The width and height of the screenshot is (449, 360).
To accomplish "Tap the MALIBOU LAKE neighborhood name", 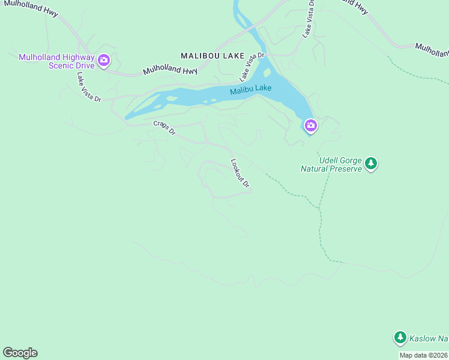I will tap(212, 55).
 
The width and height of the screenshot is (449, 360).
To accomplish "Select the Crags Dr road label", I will tap(164, 128).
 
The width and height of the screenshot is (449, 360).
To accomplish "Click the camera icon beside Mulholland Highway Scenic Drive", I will tap(104, 60).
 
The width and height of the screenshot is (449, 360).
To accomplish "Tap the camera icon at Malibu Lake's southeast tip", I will tap(310, 125).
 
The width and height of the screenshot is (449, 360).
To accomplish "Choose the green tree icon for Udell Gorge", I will tap(371, 163).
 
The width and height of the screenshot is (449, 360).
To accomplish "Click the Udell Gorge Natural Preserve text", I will tap(331, 165).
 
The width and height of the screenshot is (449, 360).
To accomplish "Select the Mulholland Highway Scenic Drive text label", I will tap(56, 61).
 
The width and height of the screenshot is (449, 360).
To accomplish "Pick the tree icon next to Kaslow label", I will tap(400, 338).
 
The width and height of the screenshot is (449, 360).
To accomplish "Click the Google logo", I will tap(20, 353).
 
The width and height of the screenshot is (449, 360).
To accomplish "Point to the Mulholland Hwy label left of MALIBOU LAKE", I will tap(170, 71).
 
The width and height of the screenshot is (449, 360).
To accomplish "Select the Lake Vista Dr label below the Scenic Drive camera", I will tap(88, 88).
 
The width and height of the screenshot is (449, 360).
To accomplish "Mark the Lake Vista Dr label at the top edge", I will tap(308, 18).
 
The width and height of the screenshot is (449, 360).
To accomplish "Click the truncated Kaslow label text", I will tap(429, 338).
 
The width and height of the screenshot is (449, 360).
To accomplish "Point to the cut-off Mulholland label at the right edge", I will tap(432, 49).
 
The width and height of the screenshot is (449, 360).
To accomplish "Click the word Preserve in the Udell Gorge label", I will tap(346, 169).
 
